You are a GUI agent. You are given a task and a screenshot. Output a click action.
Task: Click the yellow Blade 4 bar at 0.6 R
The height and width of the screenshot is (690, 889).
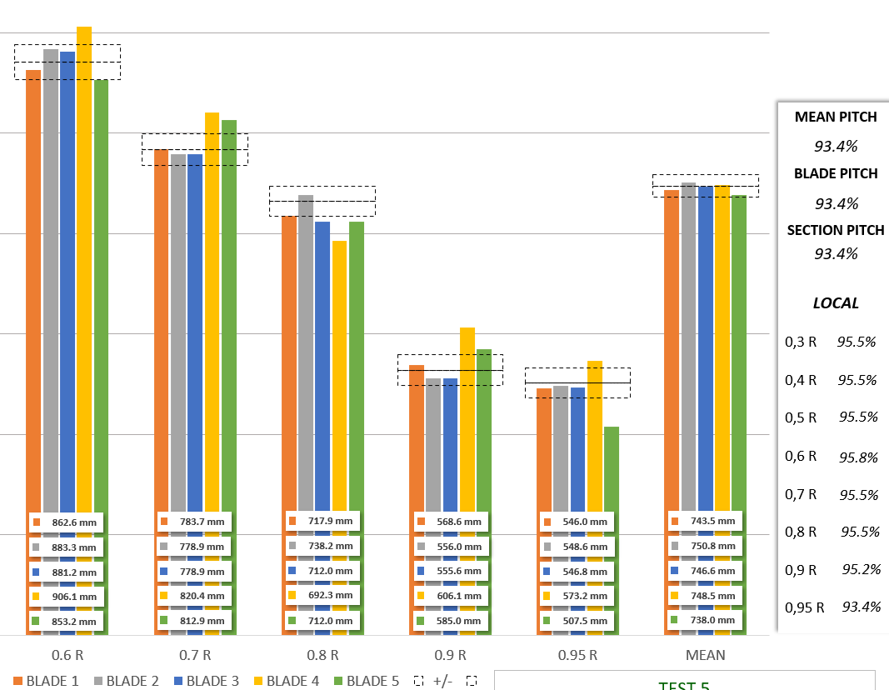click(x=84, y=250)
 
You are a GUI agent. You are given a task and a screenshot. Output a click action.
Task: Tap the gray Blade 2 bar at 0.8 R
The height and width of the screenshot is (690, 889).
click(x=306, y=350)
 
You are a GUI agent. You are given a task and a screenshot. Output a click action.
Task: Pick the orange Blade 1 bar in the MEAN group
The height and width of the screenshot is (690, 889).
click(x=672, y=350)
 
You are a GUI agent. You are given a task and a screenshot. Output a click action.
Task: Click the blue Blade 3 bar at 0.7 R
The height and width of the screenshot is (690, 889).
click(x=195, y=333)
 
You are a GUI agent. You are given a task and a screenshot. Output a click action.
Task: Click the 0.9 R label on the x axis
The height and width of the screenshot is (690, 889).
click(x=450, y=655)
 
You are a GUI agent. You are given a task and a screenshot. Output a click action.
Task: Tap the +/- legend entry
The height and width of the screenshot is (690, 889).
click(x=442, y=681)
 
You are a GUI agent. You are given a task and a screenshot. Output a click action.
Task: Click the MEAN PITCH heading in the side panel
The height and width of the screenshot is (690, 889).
click(x=836, y=117)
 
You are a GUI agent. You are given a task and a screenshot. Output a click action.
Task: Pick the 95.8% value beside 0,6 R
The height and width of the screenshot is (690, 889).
click(x=858, y=457)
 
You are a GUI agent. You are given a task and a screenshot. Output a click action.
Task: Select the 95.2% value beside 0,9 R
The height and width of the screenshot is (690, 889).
click(x=858, y=570)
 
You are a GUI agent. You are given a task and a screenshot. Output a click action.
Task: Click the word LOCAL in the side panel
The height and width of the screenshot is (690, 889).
click(x=836, y=303)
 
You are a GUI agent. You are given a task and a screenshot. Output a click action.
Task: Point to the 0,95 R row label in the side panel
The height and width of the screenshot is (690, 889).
click(x=805, y=607)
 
